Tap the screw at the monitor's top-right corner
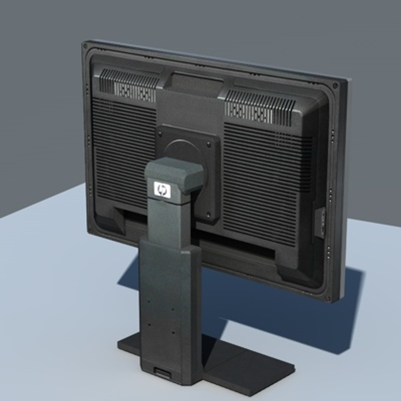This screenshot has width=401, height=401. [335, 86]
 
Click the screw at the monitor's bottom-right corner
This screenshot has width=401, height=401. [327, 298]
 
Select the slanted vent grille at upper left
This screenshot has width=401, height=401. [128, 85]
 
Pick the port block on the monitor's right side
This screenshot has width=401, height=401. [320, 223]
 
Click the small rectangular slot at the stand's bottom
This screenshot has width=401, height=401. [163, 373]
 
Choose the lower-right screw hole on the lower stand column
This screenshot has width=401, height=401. [173, 332]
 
